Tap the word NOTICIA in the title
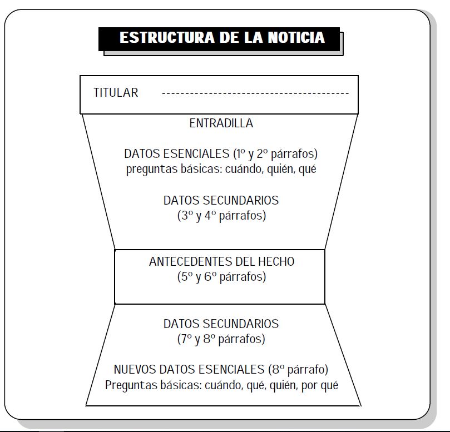[296, 38]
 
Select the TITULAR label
[116, 93]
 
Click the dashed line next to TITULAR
[255, 93]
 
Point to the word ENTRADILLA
[221, 123]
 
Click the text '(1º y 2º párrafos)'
[275, 154]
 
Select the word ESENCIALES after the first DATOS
[196, 154]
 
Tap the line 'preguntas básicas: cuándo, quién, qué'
[221, 169]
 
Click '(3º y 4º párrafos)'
[221, 216]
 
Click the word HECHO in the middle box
[276, 262]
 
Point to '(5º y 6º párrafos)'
[221, 277]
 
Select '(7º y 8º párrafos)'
[221, 339]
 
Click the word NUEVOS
[135, 370]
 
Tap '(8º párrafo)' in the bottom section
[298, 370]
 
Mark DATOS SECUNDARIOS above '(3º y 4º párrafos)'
[221, 201]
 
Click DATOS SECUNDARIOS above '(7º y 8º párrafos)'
[221, 324]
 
